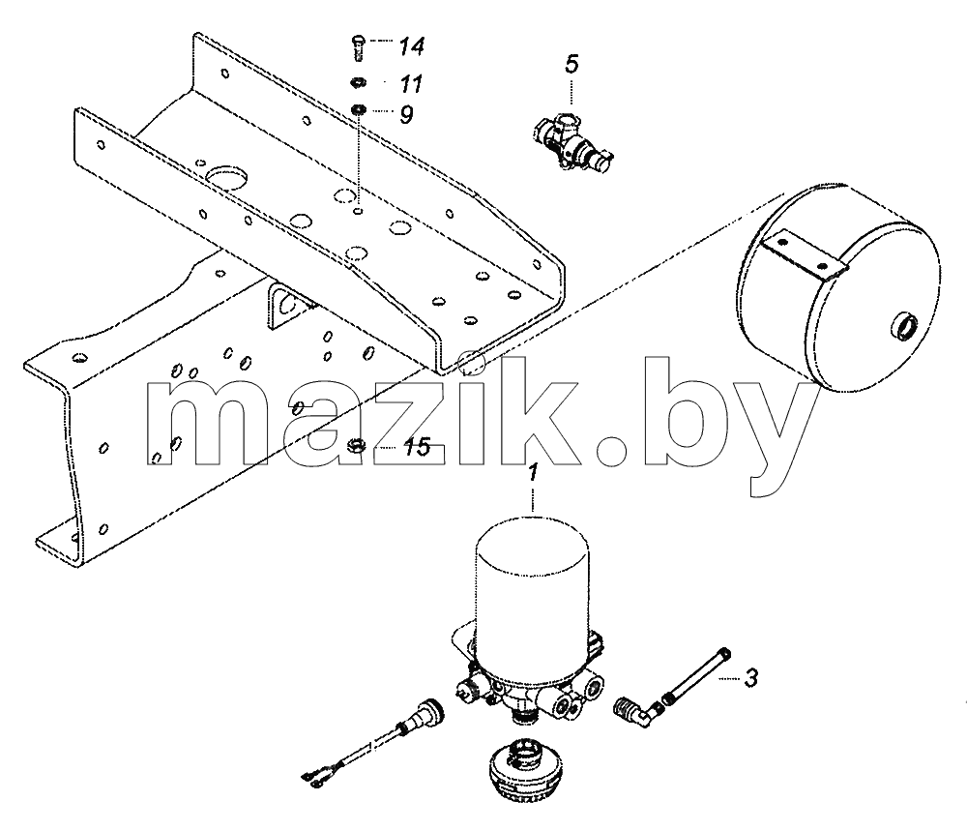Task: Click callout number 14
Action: [x=411, y=46]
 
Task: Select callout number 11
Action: [x=411, y=84]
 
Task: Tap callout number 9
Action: [x=406, y=114]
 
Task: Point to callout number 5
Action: [x=572, y=64]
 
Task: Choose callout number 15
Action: [x=418, y=447]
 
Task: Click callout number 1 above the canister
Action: [x=533, y=473]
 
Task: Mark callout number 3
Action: [x=750, y=678]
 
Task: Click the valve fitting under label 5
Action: [x=572, y=140]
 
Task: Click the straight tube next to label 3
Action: [x=697, y=675]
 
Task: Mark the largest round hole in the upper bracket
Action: [x=226, y=177]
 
